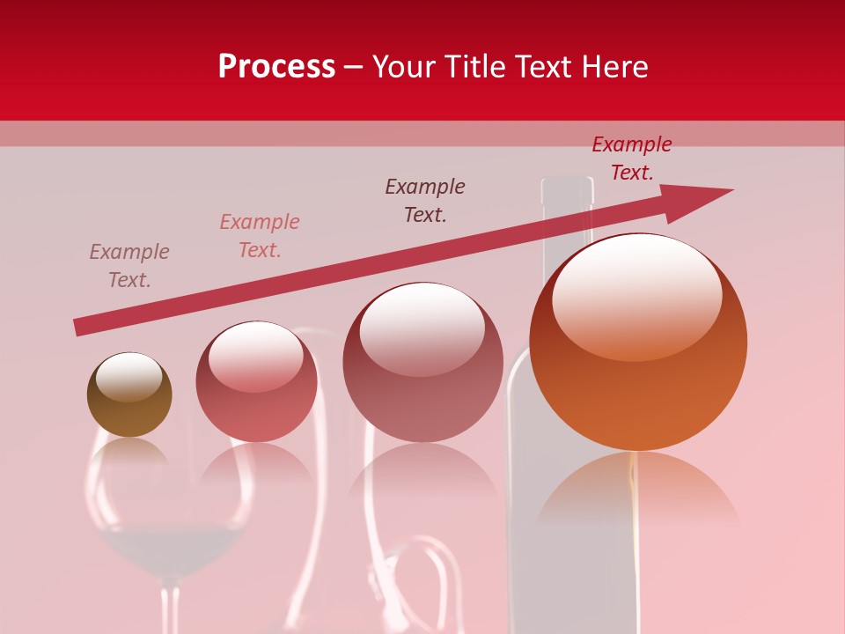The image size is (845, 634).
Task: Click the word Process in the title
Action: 276,67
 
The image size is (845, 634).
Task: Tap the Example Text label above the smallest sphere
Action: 129,266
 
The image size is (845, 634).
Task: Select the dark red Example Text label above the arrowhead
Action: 631,158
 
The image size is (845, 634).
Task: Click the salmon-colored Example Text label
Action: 260,236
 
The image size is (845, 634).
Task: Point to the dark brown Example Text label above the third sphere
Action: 425,201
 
